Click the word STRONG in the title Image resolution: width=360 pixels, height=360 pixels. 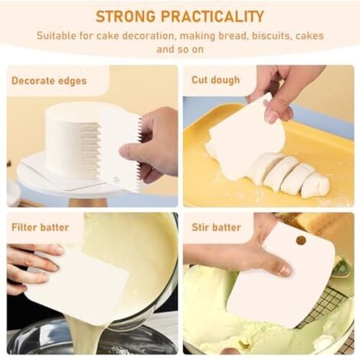click(x=126, y=17)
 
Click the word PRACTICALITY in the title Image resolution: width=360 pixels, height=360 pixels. click(x=212, y=17)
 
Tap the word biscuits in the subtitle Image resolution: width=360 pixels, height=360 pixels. click(x=272, y=35)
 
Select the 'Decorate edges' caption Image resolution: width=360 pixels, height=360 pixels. click(x=49, y=80)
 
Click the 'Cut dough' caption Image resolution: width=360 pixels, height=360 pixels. click(x=216, y=80)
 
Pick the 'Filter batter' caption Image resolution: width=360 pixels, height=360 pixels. click(x=41, y=227)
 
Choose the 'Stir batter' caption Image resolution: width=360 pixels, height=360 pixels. click(x=216, y=227)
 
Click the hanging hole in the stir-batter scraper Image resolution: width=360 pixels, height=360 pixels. click(x=301, y=240)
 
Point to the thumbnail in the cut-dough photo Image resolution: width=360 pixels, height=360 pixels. click(x=271, y=116)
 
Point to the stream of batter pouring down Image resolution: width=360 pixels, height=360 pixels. click(x=86, y=335)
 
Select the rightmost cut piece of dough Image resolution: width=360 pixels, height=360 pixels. click(x=316, y=185)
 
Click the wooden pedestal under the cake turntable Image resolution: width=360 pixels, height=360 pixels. click(x=88, y=202)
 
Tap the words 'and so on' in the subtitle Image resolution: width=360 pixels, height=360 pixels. click(x=180, y=49)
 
